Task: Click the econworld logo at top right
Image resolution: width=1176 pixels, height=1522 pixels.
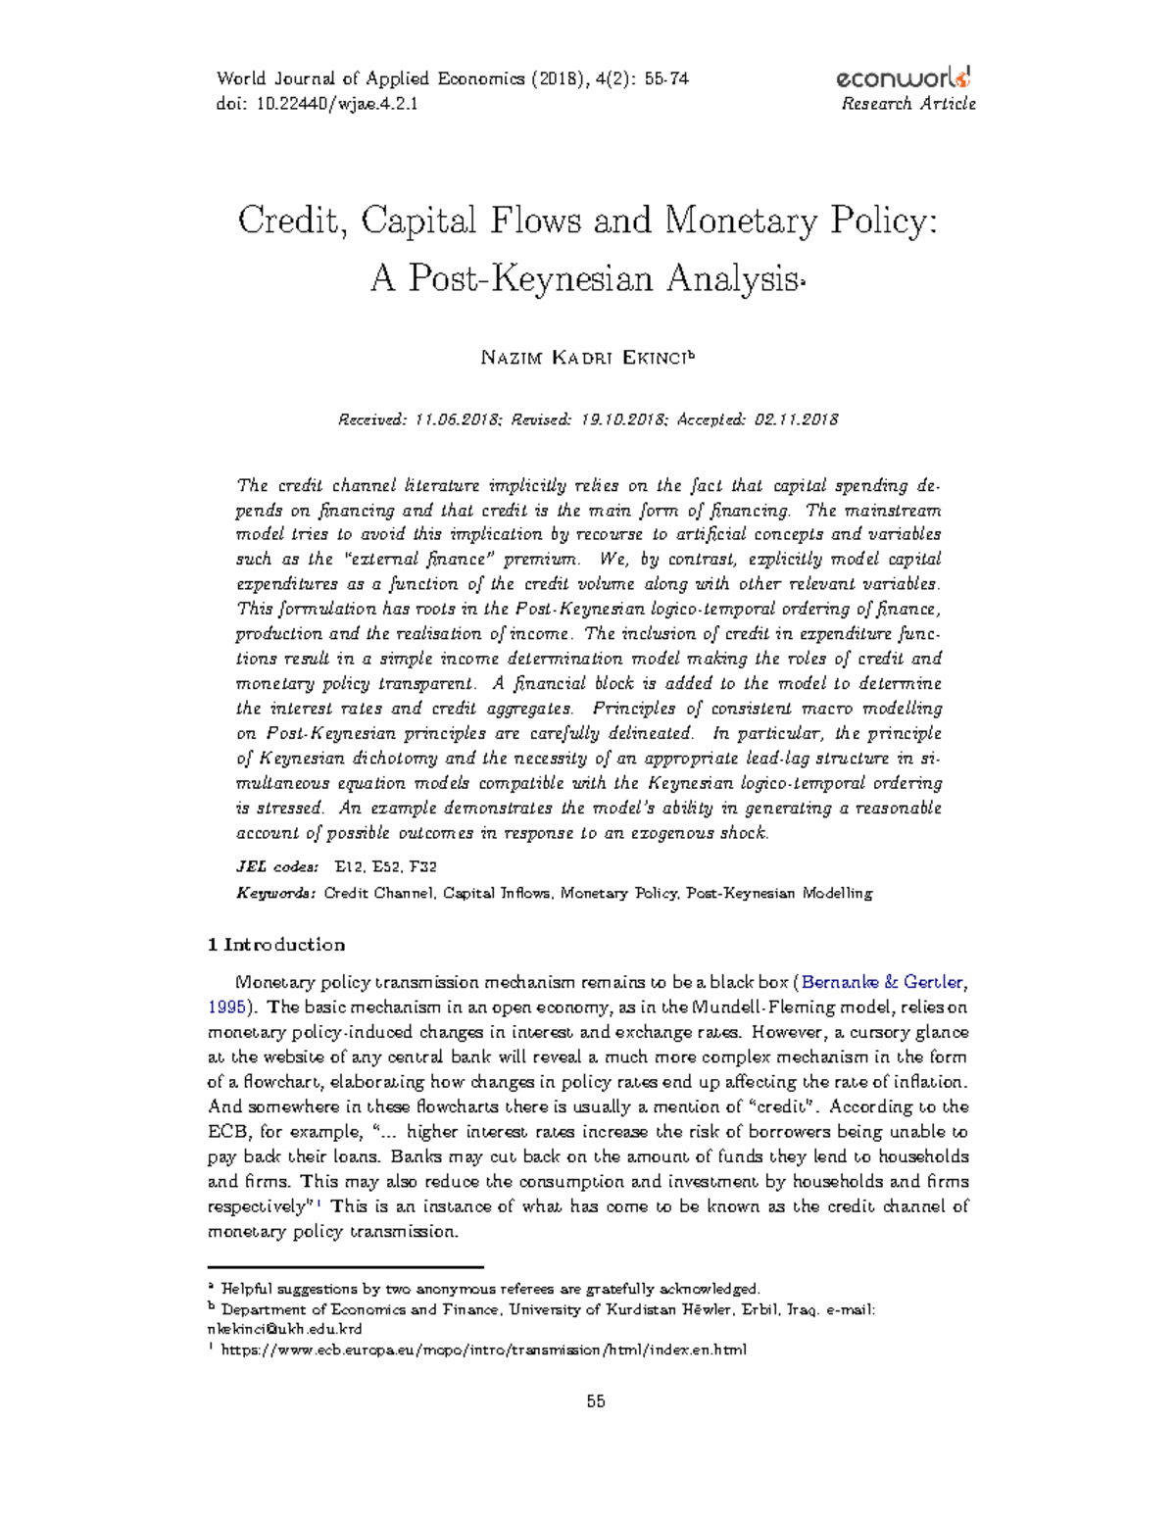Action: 904,78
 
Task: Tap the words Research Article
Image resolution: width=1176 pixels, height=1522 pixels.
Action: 907,104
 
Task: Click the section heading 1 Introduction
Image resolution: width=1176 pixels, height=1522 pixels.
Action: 276,945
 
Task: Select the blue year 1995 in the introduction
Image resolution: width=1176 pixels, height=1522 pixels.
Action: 226,1006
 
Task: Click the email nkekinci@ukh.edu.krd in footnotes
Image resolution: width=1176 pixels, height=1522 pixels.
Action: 285,1329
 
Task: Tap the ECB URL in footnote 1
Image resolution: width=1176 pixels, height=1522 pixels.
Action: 484,1350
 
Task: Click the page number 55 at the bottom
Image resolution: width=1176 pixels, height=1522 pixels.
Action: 596,1401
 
